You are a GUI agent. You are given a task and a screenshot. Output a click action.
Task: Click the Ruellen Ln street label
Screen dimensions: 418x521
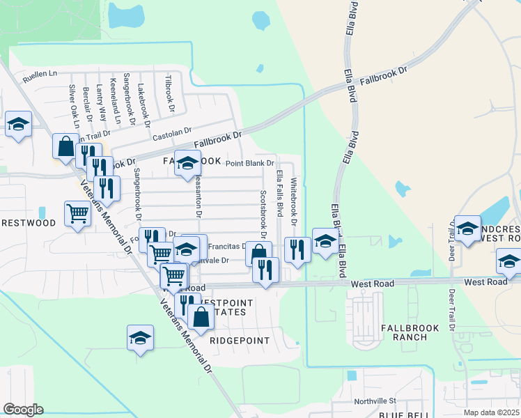[39, 73]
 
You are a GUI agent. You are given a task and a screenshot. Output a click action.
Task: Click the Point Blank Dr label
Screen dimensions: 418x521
[250, 163]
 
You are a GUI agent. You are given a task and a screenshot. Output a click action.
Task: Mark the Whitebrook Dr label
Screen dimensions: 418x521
[294, 202]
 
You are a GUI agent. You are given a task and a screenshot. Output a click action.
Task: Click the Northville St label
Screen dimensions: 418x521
[375, 401]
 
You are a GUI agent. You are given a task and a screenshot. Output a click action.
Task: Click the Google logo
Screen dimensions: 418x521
[23, 410]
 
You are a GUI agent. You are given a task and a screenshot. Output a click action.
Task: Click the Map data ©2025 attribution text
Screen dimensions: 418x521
[491, 412]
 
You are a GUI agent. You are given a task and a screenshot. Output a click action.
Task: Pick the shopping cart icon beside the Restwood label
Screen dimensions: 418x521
[77, 214]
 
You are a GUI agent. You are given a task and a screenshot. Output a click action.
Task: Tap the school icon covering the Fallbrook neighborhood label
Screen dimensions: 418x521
[187, 164]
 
